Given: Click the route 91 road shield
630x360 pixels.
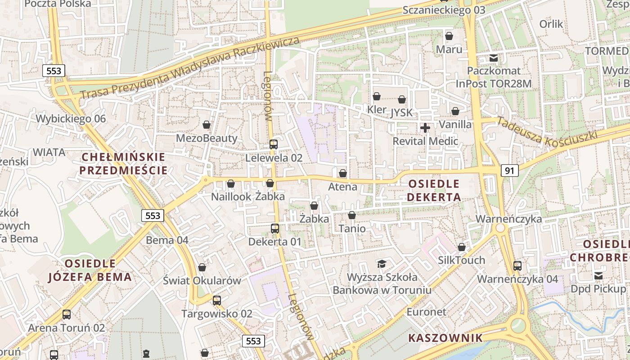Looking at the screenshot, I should click(509, 171).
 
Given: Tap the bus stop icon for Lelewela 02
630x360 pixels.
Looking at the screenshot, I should click(273, 144).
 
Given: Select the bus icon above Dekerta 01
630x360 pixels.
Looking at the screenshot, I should click(275, 229).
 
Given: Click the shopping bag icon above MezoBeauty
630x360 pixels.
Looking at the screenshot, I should click(207, 125).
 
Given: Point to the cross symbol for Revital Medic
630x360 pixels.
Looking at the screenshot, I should click(425, 128).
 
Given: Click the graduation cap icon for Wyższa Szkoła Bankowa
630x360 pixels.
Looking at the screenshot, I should click(382, 264).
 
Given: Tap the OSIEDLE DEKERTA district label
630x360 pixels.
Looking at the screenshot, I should click(434, 190).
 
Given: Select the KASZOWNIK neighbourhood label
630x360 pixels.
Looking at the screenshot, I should click(445, 338).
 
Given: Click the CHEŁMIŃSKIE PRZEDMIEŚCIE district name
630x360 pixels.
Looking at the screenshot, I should click(123, 164).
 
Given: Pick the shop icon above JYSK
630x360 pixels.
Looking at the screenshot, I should click(402, 99).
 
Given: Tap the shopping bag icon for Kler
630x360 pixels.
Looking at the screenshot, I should click(377, 96).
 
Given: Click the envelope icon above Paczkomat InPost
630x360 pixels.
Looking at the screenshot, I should click(494, 58).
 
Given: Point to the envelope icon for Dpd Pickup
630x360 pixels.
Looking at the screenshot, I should click(598, 275).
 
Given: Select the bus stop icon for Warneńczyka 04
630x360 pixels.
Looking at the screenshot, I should click(517, 266).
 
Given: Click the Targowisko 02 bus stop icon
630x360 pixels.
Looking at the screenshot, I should click(217, 300).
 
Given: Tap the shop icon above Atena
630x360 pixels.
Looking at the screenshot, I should click(343, 173).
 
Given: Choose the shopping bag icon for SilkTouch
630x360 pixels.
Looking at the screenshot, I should click(461, 247).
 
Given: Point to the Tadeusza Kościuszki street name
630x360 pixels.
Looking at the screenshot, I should click(547, 132).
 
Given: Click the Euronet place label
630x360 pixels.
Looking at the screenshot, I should click(426, 312).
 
